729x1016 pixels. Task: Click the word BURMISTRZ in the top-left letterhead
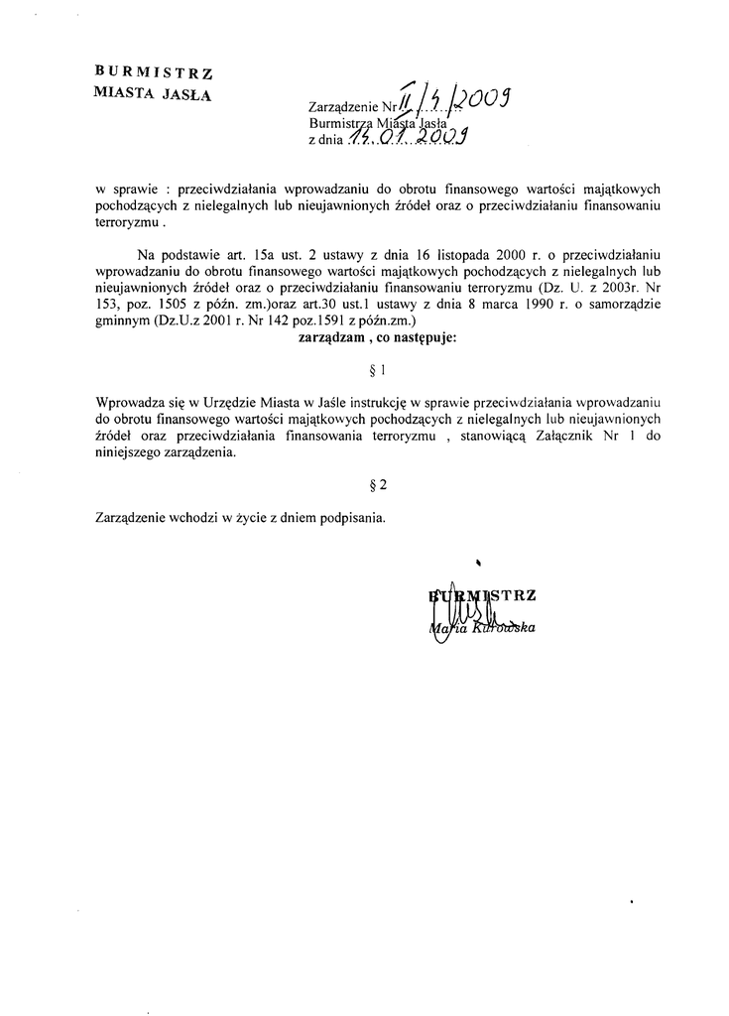coord(153,70)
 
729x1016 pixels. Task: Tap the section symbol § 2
coord(375,485)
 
